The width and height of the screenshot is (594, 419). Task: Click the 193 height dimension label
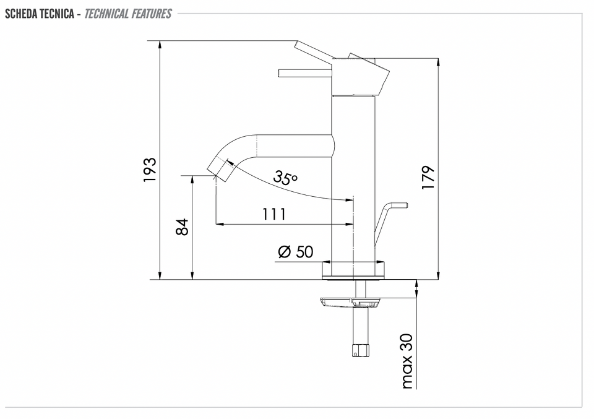[150, 170]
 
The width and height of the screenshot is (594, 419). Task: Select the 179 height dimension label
[428, 178]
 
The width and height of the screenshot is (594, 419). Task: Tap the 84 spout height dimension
[183, 227]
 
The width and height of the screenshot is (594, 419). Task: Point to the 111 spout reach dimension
[274, 214]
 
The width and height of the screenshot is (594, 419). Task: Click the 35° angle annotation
[285, 177]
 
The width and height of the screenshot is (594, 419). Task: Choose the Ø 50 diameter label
[296, 252]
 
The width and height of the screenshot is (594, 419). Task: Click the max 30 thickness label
[407, 361]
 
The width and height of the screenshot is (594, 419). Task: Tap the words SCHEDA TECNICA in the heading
[40, 14]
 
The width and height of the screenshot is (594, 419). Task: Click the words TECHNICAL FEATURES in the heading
[128, 14]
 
